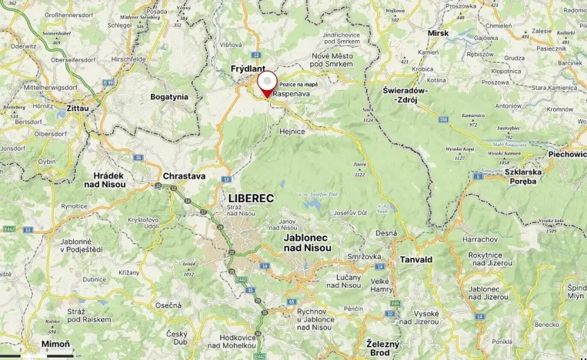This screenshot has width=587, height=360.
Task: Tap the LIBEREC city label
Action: click(251, 198)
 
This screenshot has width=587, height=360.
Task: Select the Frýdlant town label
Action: click(248, 69)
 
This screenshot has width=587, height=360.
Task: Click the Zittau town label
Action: click(78, 109)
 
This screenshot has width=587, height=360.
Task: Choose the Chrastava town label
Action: click(184, 176)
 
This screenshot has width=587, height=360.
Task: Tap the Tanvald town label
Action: click(415, 260)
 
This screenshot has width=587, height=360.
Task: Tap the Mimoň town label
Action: click(55, 343)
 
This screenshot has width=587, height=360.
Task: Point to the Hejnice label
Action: click(292, 132)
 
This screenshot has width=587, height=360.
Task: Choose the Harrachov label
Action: click(481, 239)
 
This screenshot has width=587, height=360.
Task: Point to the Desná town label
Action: click(386, 233)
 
